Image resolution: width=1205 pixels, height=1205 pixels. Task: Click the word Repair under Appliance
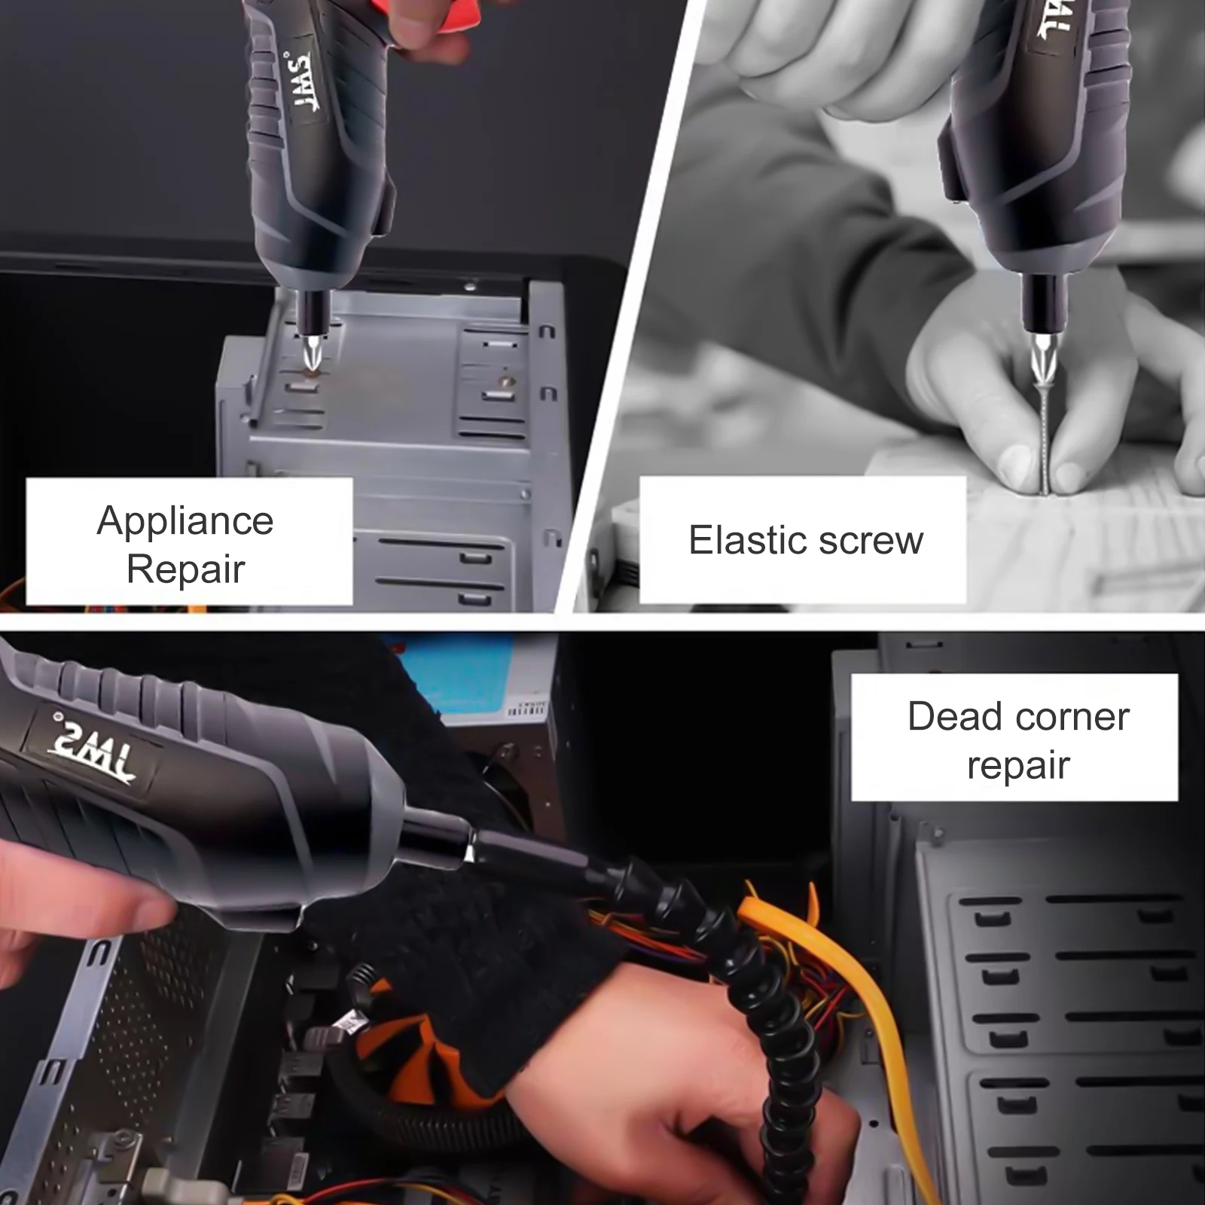click(x=186, y=569)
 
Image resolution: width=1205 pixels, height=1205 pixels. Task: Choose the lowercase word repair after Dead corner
click(x=1018, y=767)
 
